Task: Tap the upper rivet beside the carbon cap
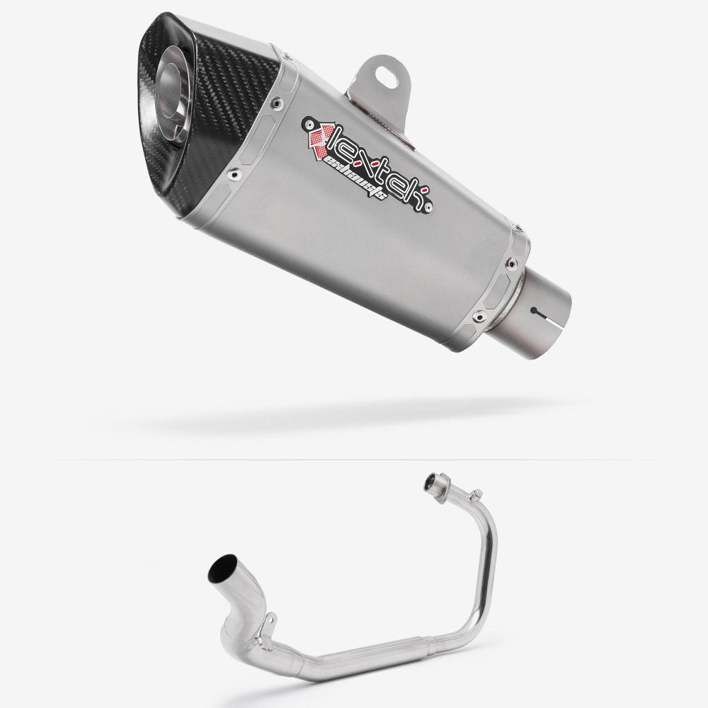coord(274,104)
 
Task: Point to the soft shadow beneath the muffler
coord(354,418)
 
